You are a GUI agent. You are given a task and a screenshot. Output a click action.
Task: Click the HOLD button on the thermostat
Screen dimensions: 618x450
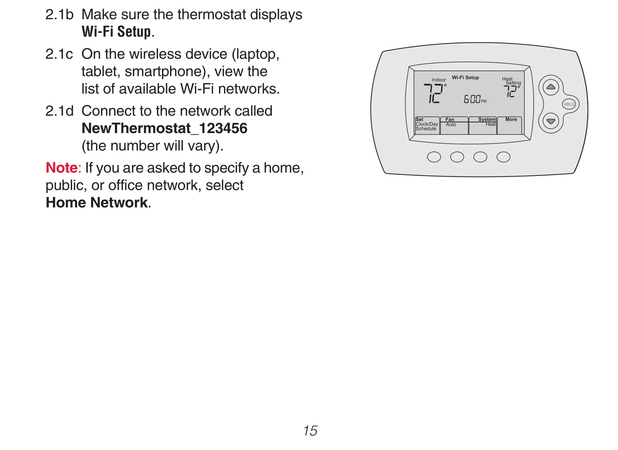click(569, 104)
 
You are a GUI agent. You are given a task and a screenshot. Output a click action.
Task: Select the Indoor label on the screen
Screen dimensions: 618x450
click(439, 80)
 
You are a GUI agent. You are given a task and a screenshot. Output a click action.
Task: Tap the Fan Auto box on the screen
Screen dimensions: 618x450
click(454, 125)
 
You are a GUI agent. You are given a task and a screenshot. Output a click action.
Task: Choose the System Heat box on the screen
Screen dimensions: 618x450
click(483, 125)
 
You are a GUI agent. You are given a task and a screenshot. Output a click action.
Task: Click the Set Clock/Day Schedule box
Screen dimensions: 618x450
click(427, 125)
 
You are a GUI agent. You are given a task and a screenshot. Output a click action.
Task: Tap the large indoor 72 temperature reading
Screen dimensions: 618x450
click(435, 93)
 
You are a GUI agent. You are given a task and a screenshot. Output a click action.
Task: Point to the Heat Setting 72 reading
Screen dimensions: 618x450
click(511, 91)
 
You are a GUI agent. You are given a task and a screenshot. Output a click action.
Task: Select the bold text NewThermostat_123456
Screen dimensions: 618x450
click(165, 128)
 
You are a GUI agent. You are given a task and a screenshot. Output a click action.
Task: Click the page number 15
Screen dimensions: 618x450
click(310, 431)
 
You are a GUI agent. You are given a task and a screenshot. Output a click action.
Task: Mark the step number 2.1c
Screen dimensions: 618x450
click(59, 54)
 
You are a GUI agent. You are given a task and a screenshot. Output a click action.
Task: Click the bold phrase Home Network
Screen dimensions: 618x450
click(96, 202)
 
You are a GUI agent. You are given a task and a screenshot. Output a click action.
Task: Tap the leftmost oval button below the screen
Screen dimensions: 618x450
click(434, 157)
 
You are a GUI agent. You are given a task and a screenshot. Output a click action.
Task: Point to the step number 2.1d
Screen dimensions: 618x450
click(59, 111)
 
